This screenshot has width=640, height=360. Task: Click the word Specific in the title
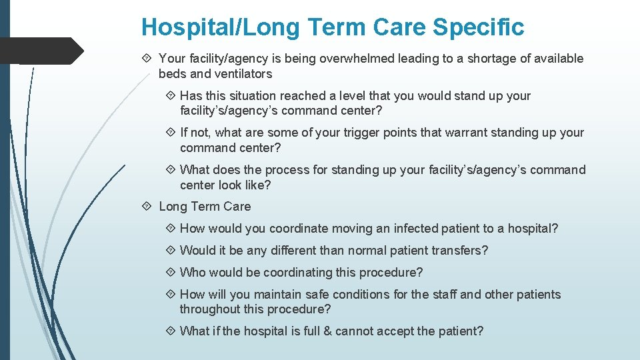click(478, 27)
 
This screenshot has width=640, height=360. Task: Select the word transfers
click(460, 251)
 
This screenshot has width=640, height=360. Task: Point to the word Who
click(193, 273)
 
